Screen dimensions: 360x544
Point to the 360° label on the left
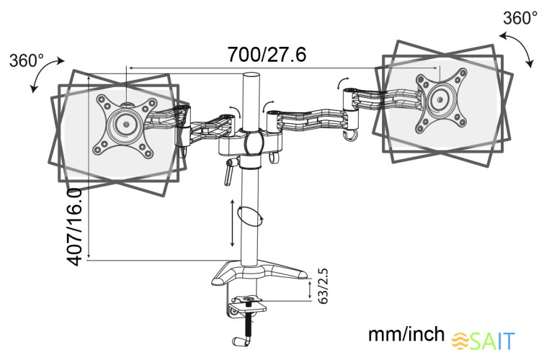(27, 60)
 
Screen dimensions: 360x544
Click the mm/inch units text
(406, 335)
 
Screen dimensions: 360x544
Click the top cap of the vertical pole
(252, 76)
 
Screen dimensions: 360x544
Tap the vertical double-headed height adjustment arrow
(233, 225)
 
